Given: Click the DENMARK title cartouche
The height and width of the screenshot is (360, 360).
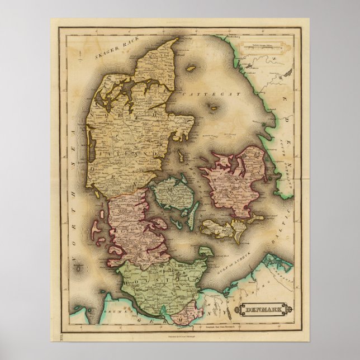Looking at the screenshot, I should tap(263, 309).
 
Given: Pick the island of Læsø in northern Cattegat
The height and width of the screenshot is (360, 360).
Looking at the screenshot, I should tap(191, 69).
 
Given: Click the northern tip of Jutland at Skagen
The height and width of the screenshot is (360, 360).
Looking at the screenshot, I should tap(177, 39).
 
